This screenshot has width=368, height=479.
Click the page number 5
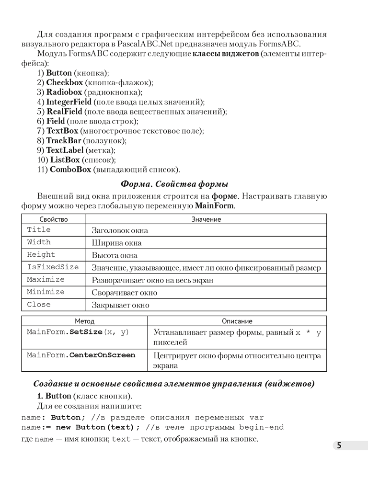tap(339, 445)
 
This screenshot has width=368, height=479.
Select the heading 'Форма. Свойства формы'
tap(174, 184)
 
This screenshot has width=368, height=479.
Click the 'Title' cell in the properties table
tap(39, 230)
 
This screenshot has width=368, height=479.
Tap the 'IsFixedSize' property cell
tap(53, 267)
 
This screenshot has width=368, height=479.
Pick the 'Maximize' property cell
tap(46, 280)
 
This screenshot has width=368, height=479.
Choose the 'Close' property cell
tap(39, 305)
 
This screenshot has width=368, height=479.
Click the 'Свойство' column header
tap(53, 219)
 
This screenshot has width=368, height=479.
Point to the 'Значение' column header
tap(206, 219)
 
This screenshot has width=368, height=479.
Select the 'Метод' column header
tap(84, 321)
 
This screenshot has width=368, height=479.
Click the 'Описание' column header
tap(237, 321)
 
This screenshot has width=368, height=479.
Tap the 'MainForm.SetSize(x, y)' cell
tap(78, 332)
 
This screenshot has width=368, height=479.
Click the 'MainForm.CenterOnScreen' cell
tap(81, 355)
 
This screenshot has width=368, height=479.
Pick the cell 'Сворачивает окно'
tap(124, 293)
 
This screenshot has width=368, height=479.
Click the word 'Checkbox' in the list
tap(64, 82)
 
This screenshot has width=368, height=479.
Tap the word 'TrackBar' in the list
tap(63, 140)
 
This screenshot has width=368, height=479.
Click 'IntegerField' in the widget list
tap(69, 102)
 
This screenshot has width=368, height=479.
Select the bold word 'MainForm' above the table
tap(214, 205)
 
